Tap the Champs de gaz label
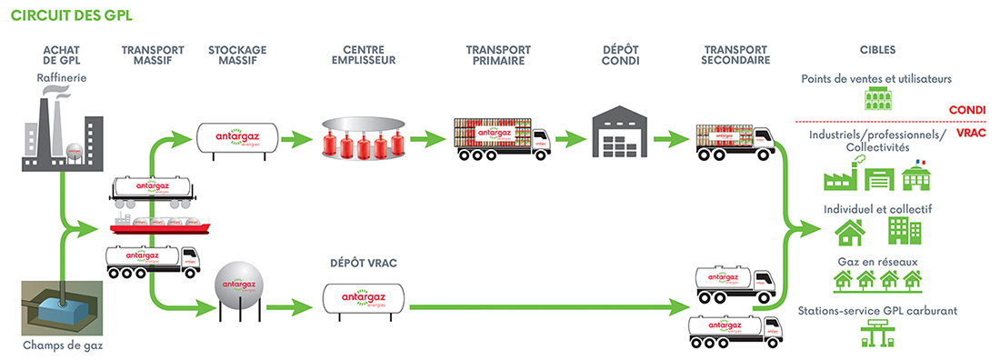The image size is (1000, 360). pos(59,345)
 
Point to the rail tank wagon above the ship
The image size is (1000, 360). pos(154,189)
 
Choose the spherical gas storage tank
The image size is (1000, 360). pos(237,287)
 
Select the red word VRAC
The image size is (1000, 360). pos(970,133)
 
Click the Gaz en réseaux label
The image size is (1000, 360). pos(877,262)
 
